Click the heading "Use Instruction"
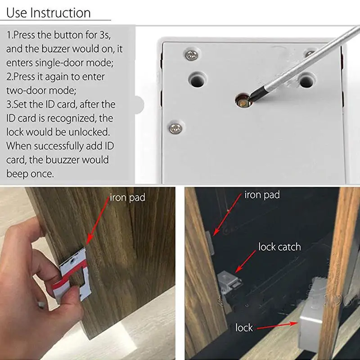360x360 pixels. click(49, 13)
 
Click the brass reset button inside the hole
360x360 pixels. click(243, 103)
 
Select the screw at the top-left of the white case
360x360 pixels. click(192, 55)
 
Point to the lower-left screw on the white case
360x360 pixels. click(175, 128)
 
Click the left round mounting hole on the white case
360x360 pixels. click(197, 80)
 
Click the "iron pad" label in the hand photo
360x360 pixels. click(127, 198)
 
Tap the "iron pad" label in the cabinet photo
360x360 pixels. click(262, 195)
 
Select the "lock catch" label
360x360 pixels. click(279, 247)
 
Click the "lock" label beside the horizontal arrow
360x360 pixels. click(244, 328)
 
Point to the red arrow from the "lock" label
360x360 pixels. click(277, 326)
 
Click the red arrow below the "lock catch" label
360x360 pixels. click(245, 261)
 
